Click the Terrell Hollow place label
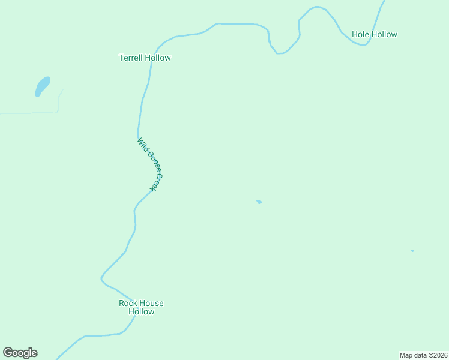pos(145,58)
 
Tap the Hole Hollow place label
pos(374,35)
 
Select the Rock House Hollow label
pos(141,307)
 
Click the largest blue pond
pos(42,85)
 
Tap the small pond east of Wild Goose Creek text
pos(259,202)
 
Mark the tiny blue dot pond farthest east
pos(412,251)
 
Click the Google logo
pos(20,353)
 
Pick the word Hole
pos(360,35)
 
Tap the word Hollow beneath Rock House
pos(141,311)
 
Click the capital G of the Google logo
pos(8,353)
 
